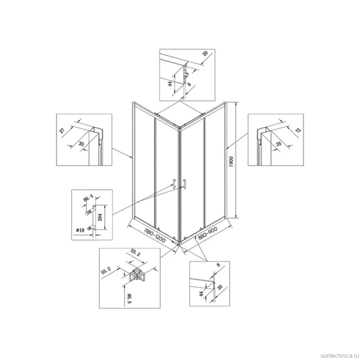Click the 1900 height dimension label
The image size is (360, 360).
coord(231,161)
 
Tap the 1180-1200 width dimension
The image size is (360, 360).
coord(155,235)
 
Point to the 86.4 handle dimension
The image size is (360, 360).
coord(88,198)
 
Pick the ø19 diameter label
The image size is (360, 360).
coord(81,230)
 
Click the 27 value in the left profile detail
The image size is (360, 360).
coord(62,131)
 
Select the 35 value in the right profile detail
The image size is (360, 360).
coord(278,144)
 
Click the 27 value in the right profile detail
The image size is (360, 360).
coord(298,131)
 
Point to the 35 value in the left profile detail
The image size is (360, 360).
coord(81,144)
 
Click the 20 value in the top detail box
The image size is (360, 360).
coord(205,53)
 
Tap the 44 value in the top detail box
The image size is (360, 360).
coord(170,84)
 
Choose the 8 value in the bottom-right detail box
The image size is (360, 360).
coord(218,265)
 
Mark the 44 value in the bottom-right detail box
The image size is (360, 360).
coord(202,294)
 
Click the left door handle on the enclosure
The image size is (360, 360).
coord(174,184)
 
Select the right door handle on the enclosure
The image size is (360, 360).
coord(184,184)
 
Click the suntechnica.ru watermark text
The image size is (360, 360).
coord(340,356)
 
